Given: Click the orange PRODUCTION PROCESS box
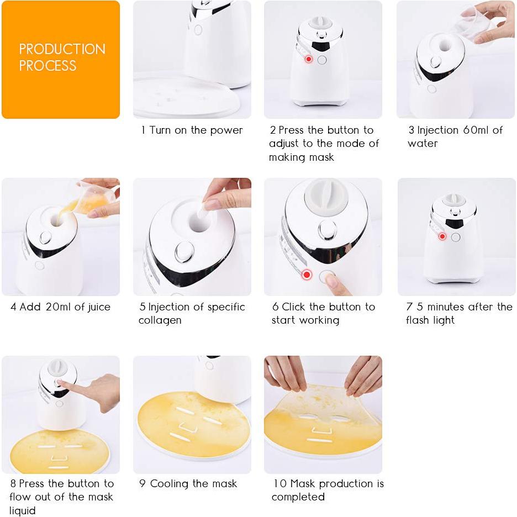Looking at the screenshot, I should click(x=61, y=60).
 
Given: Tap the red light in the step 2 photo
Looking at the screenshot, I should click(x=308, y=59).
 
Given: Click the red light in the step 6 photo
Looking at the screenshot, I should click(x=307, y=274).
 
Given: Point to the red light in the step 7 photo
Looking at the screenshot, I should click(x=442, y=236).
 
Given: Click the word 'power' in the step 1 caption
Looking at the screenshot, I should click(x=226, y=130).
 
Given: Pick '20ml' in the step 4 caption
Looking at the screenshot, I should click(x=64, y=307).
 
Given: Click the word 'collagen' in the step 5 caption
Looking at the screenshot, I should click(x=160, y=320).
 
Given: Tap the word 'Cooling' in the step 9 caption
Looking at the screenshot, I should click(x=169, y=484).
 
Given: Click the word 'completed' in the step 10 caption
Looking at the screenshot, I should click(x=298, y=497).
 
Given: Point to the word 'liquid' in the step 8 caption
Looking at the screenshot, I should click(x=23, y=510).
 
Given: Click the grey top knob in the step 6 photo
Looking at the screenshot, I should click(x=326, y=197).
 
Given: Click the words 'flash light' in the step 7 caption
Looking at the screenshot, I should click(x=430, y=320).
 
